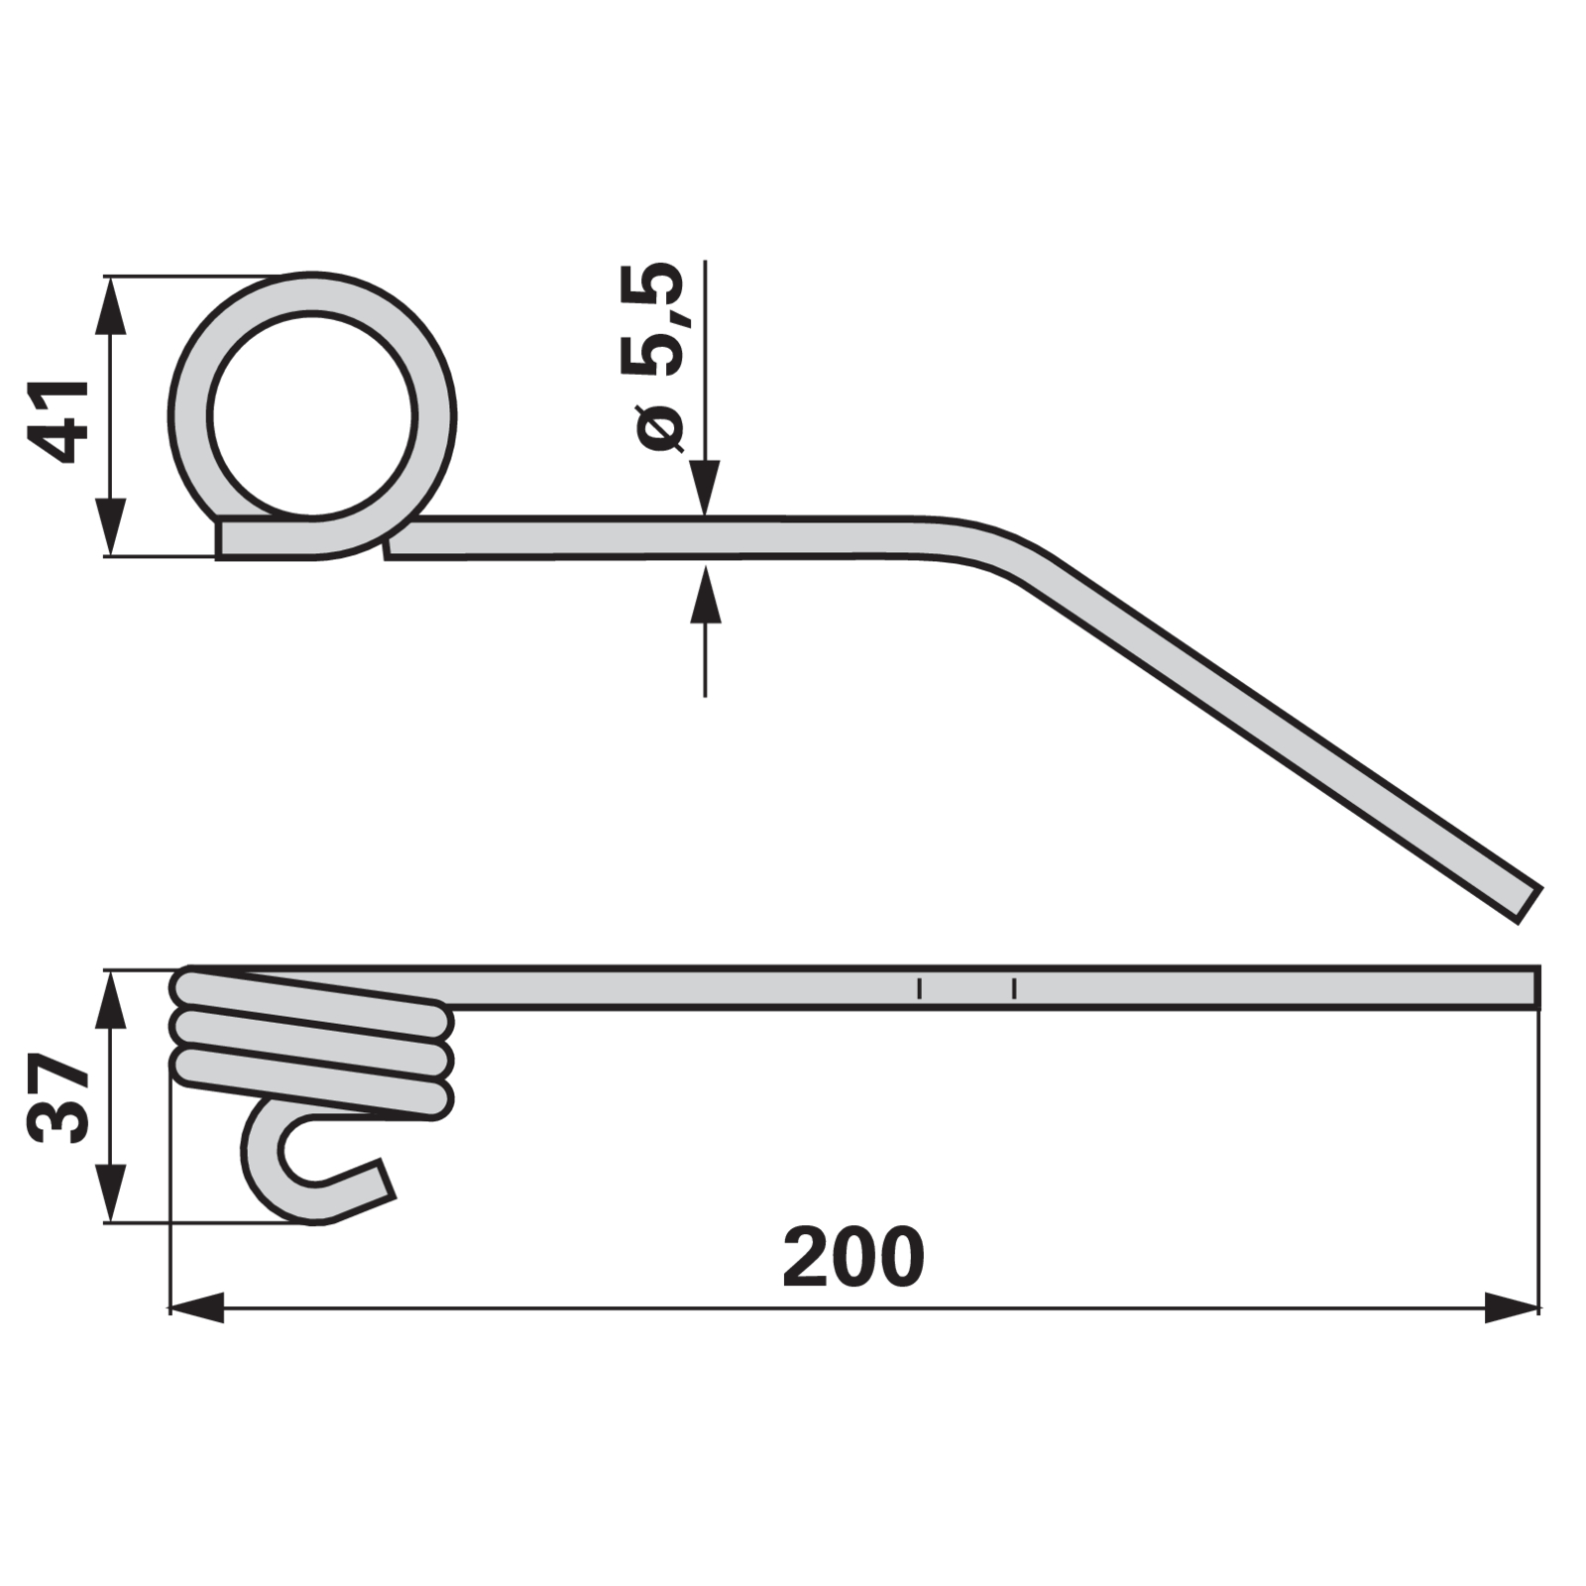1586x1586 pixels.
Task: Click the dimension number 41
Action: point(57,421)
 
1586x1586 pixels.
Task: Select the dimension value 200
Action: point(853,1257)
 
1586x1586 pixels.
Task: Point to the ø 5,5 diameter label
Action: point(653,357)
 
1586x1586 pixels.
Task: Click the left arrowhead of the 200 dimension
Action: point(196,1307)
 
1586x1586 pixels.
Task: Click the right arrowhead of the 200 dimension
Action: point(1512,1307)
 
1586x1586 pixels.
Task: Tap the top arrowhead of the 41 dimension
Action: point(111,304)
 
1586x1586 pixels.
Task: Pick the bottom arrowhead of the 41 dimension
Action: point(111,527)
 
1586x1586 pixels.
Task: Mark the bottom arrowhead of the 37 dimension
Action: point(111,1193)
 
